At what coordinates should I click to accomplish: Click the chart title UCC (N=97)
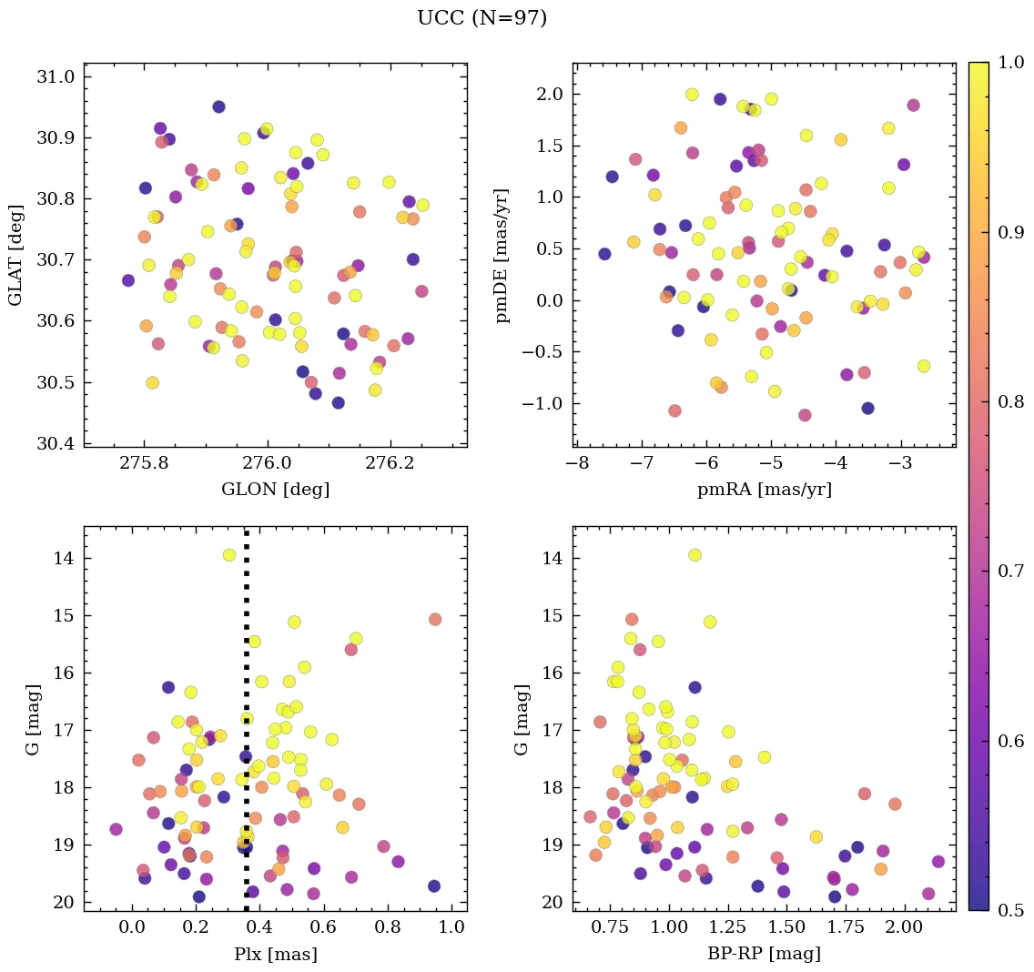482,18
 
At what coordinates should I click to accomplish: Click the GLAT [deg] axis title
15,255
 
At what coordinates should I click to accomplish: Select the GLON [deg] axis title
275,490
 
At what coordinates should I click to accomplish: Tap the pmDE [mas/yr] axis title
502,255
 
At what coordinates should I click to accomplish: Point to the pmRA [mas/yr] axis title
764,490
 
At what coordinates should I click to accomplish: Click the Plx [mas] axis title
275,955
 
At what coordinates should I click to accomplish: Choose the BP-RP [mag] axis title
764,955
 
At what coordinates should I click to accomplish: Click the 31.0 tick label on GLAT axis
56,76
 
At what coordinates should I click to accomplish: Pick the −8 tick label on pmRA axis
577,463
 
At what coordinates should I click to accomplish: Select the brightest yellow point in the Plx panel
229,555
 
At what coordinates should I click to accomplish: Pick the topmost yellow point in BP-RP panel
694,555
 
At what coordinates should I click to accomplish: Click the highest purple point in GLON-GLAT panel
218,106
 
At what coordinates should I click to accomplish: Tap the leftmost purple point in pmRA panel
604,254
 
